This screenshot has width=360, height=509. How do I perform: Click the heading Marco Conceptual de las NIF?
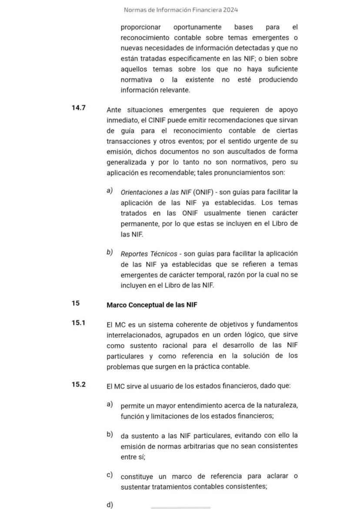click(152, 305)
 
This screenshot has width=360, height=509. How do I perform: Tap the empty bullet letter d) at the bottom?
click(110, 505)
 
